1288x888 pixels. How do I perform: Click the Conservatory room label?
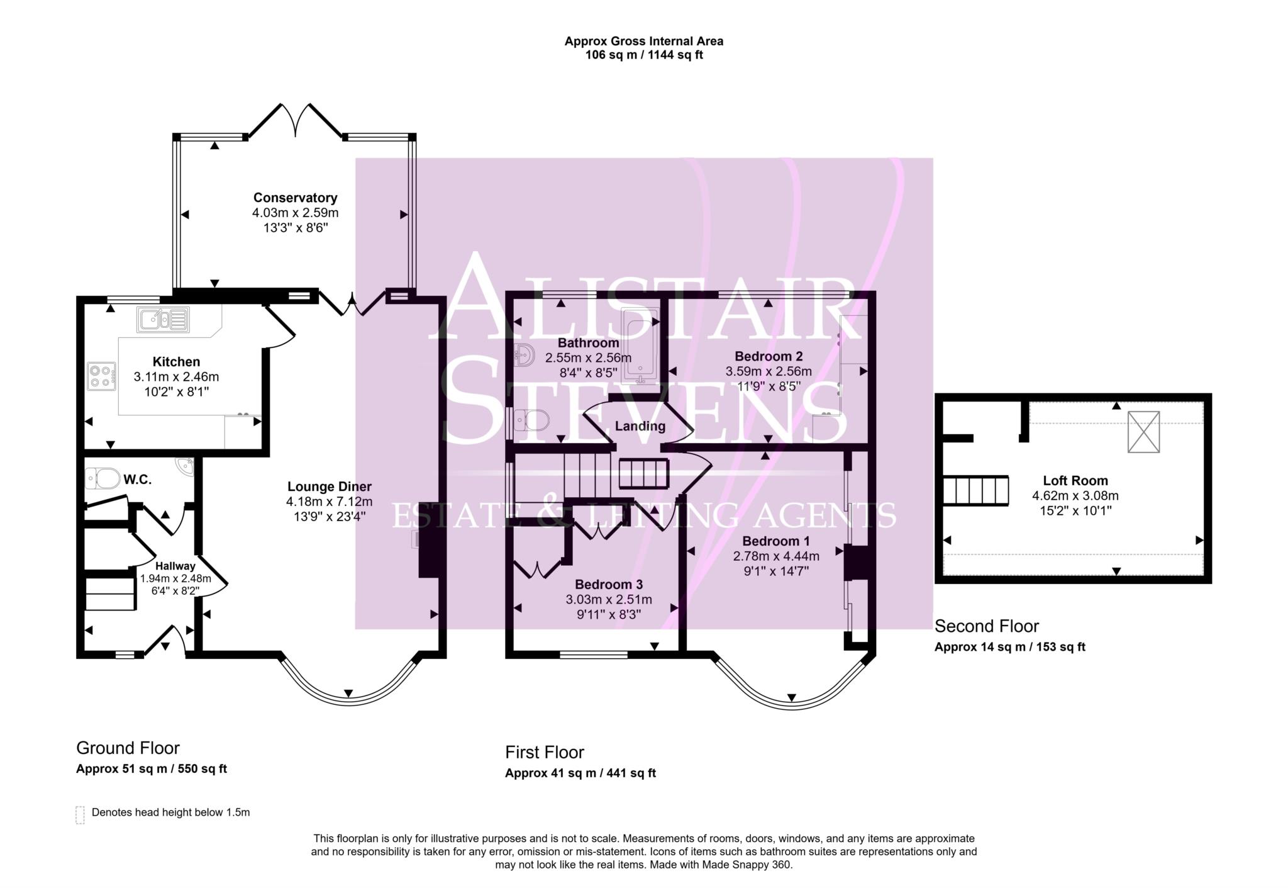pyautogui.click(x=295, y=198)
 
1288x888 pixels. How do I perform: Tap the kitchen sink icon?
pyautogui.click(x=163, y=320)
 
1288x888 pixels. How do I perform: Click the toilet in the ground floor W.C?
pyautogui.click(x=102, y=479)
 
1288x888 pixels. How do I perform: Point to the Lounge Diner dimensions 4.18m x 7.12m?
pyautogui.click(x=329, y=502)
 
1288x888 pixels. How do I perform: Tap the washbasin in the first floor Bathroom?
pyautogui.click(x=524, y=356)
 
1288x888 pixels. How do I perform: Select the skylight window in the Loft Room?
pyautogui.click(x=1143, y=432)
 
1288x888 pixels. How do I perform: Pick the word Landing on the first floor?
pyautogui.click(x=640, y=426)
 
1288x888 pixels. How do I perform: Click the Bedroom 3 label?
pyautogui.click(x=608, y=584)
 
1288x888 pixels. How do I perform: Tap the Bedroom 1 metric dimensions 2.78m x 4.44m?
pyautogui.click(x=775, y=556)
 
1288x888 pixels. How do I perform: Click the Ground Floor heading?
pyautogui.click(x=128, y=748)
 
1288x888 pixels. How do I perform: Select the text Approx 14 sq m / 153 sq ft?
pyautogui.click(x=1009, y=647)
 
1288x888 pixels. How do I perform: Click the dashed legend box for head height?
pyautogui.click(x=80, y=814)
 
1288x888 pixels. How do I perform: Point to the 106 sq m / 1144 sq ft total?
pyautogui.click(x=643, y=55)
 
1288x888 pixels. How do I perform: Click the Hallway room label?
pyautogui.click(x=175, y=566)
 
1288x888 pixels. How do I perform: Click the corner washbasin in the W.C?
pyautogui.click(x=186, y=466)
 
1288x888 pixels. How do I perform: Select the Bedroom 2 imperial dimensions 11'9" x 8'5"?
pyautogui.click(x=768, y=386)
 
